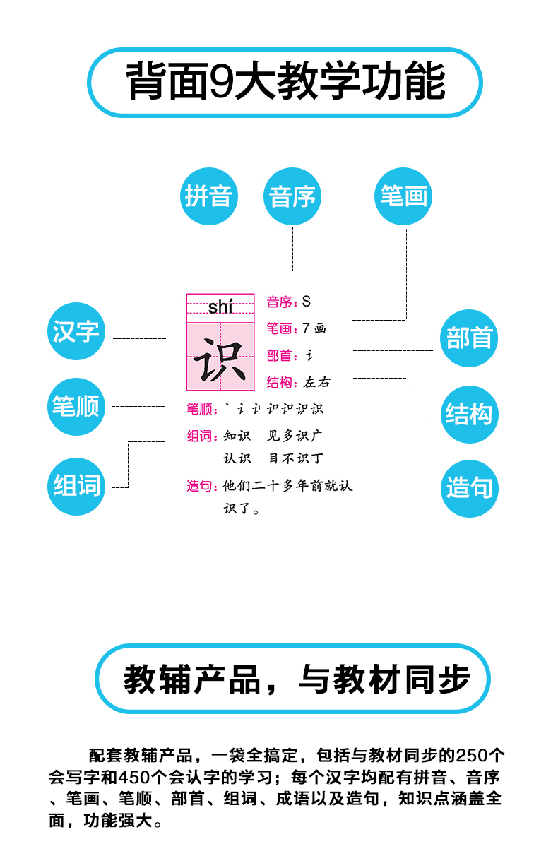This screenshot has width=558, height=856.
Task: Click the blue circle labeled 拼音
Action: click(209, 196)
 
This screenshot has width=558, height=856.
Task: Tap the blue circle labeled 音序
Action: click(292, 196)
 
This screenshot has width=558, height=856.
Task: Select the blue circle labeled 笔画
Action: click(403, 196)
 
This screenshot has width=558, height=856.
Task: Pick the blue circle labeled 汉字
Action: click(76, 331)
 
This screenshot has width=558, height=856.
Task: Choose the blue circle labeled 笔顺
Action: click(76, 407)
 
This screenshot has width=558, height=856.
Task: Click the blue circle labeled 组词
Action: click(77, 486)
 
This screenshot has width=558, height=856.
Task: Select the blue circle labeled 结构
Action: click(469, 414)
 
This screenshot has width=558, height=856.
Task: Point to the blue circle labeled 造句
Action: click(469, 488)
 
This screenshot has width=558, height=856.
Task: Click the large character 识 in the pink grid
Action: click(220, 359)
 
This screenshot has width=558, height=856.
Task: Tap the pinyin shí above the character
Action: click(220, 307)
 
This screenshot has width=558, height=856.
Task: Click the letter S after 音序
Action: click(306, 302)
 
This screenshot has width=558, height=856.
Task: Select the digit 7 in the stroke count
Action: click(306, 328)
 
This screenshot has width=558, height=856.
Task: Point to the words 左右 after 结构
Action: click(316, 383)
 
